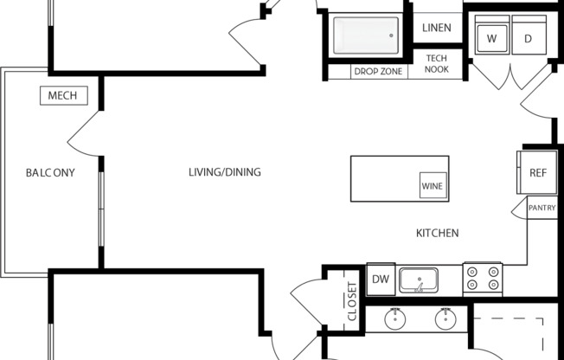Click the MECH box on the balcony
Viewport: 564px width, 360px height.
pos(64,95)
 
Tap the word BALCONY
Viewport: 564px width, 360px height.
pos(50,173)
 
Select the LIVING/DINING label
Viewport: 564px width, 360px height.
pos(225,172)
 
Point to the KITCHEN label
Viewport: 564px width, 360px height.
pos(438,233)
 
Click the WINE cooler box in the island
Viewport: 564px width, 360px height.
pos(433,185)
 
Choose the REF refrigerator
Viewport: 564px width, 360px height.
pos(537,172)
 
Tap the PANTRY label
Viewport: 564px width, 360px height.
pos(542,208)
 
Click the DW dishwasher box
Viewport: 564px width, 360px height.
pos(381,280)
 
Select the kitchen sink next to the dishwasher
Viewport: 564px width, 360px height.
pos(419,280)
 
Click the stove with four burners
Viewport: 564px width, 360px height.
pos(483,279)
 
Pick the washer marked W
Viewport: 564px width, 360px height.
pos(491,35)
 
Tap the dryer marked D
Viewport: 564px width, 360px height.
pos(529,35)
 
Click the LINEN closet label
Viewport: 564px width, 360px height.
pos(437,28)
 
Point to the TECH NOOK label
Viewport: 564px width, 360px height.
pos(437,64)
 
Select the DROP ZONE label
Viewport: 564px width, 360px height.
pos(378,71)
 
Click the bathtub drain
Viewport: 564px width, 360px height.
pos(391,35)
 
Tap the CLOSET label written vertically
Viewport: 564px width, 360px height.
pos(352,301)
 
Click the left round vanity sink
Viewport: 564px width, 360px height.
pos(395,319)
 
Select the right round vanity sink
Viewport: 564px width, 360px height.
pos(445,319)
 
